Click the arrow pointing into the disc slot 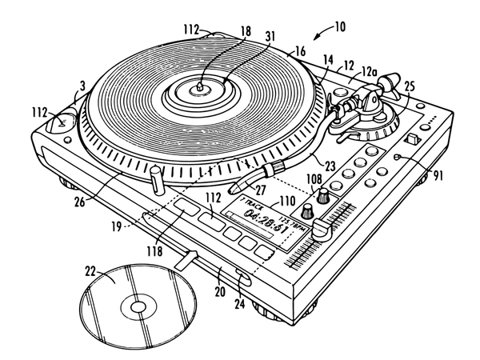(x=186, y=258)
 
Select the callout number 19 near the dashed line (x=117, y=227)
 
